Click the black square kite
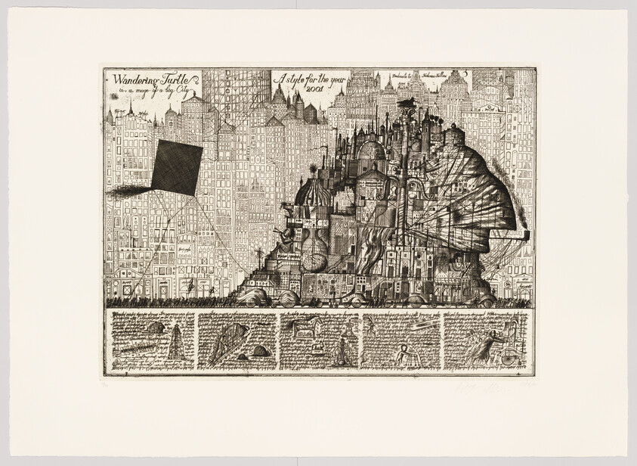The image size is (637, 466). (177, 166)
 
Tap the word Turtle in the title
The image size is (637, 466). (180, 78)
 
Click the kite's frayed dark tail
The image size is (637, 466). (128, 191)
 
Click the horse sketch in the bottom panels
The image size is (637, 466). (309, 326)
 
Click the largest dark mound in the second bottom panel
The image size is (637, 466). (261, 350)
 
